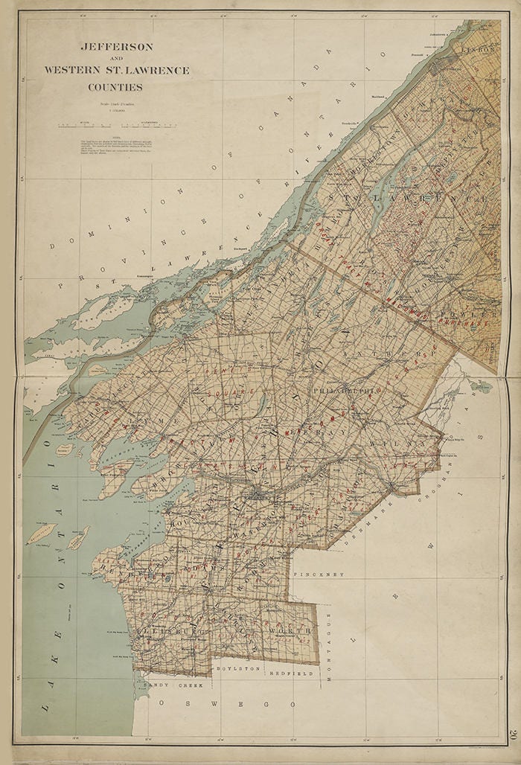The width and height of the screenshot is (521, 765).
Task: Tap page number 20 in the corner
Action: [513, 734]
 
